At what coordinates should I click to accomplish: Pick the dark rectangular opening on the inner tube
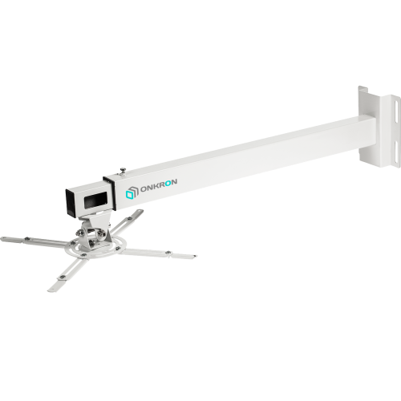pyautogui.click(x=97, y=200)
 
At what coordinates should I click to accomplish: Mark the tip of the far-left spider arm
pyautogui.click(x=5, y=238)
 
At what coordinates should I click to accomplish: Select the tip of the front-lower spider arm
pyautogui.click(x=53, y=287)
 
